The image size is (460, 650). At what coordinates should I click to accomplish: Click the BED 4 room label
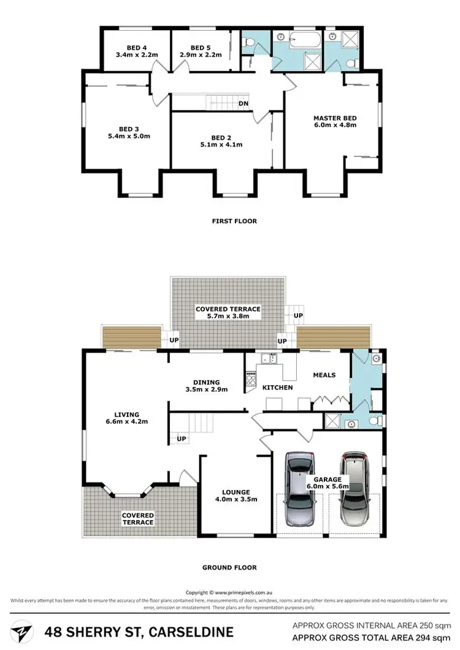137,47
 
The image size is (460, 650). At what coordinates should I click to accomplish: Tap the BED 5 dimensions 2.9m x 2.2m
201,55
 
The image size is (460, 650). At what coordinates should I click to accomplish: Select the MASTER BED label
335,118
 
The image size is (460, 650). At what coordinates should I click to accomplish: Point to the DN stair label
243,104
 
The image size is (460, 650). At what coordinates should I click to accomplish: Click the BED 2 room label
221,137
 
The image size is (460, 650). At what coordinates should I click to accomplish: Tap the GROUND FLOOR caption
230,567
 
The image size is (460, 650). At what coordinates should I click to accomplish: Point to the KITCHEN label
278,388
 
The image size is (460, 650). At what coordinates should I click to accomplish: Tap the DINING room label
207,381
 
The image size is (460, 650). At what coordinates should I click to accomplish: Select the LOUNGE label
236,492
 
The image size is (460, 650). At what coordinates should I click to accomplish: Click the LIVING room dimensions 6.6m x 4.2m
127,422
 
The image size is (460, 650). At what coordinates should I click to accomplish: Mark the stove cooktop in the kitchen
250,380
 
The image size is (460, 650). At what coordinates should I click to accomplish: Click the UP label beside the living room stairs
182,439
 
